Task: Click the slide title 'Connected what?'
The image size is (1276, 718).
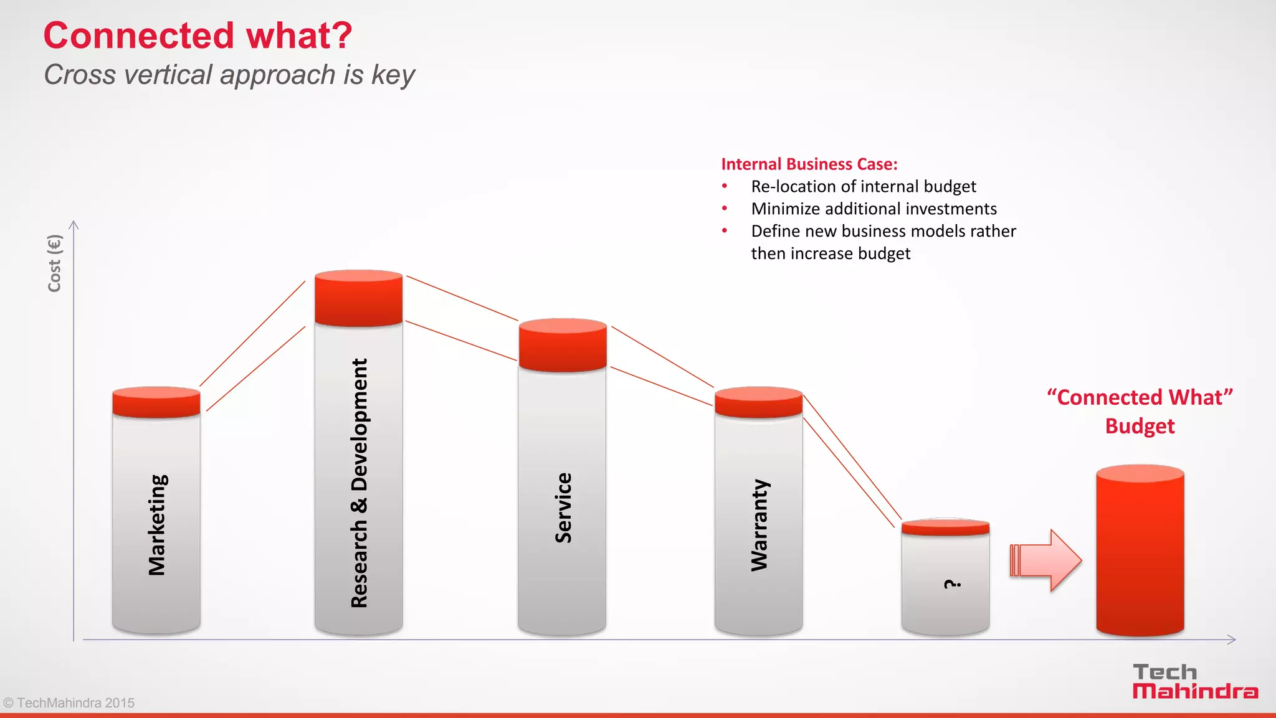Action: pyautogui.click(x=198, y=35)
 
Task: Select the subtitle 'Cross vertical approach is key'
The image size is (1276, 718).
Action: pyautogui.click(x=229, y=75)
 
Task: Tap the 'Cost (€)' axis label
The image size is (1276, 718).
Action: pyautogui.click(x=55, y=263)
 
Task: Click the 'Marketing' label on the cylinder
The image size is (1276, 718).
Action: pyautogui.click(x=157, y=525)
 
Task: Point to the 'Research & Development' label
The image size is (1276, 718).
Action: pyautogui.click(x=359, y=483)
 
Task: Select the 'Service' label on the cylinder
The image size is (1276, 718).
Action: pyautogui.click(x=563, y=508)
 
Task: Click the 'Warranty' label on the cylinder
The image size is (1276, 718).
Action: pyautogui.click(x=759, y=525)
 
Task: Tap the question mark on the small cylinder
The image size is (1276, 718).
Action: pyautogui.click(x=952, y=583)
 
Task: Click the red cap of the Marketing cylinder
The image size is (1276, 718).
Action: pyautogui.click(x=156, y=402)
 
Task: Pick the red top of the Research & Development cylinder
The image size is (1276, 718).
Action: pyautogui.click(x=358, y=298)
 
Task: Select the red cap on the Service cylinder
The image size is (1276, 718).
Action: pyautogui.click(x=563, y=345)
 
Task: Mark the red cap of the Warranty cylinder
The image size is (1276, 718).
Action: pyautogui.click(x=758, y=402)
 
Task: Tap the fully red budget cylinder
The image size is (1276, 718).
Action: pyautogui.click(x=1140, y=551)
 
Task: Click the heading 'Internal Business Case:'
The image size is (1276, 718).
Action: pyautogui.click(x=809, y=164)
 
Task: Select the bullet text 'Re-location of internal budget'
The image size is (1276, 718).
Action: pyautogui.click(x=864, y=187)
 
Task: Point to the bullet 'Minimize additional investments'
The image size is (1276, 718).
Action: pyautogui.click(x=874, y=209)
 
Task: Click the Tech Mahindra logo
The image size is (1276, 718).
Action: pyautogui.click(x=1194, y=682)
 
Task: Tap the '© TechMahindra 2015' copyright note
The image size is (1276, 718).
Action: pyautogui.click(x=69, y=703)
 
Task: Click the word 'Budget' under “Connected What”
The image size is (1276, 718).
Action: pyautogui.click(x=1140, y=427)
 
